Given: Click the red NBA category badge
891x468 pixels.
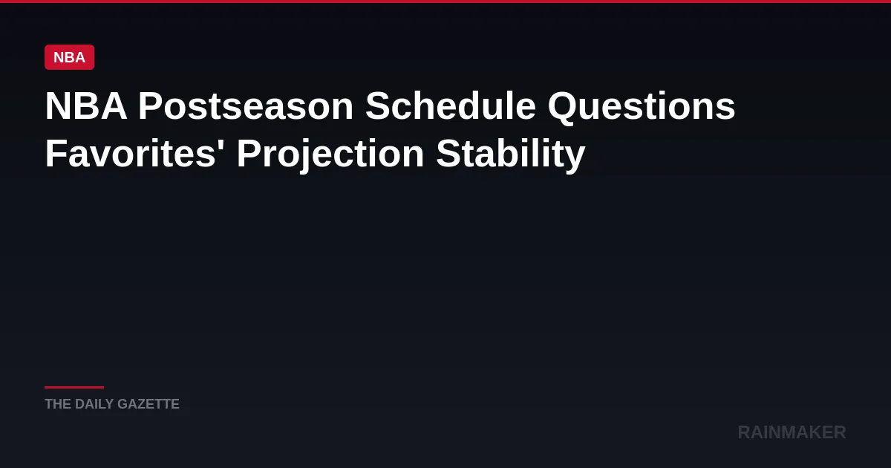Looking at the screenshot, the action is [x=69, y=57].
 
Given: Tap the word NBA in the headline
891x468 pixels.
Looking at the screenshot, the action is [x=86, y=105].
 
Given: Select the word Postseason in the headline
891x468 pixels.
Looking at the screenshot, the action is [x=246, y=105].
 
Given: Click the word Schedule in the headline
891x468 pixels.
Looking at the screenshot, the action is [x=450, y=105].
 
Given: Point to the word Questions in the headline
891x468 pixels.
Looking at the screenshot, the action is [x=642, y=105].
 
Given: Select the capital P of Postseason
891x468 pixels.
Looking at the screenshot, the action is [x=150, y=105].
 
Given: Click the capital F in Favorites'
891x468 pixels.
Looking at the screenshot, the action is [x=56, y=153].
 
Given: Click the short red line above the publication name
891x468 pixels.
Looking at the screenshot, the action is [x=74, y=387].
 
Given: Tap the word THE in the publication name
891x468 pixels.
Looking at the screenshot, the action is [x=58, y=404].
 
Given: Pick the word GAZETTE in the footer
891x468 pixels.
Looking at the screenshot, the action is [x=148, y=404].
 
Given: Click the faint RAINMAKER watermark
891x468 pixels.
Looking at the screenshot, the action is [x=792, y=432].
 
